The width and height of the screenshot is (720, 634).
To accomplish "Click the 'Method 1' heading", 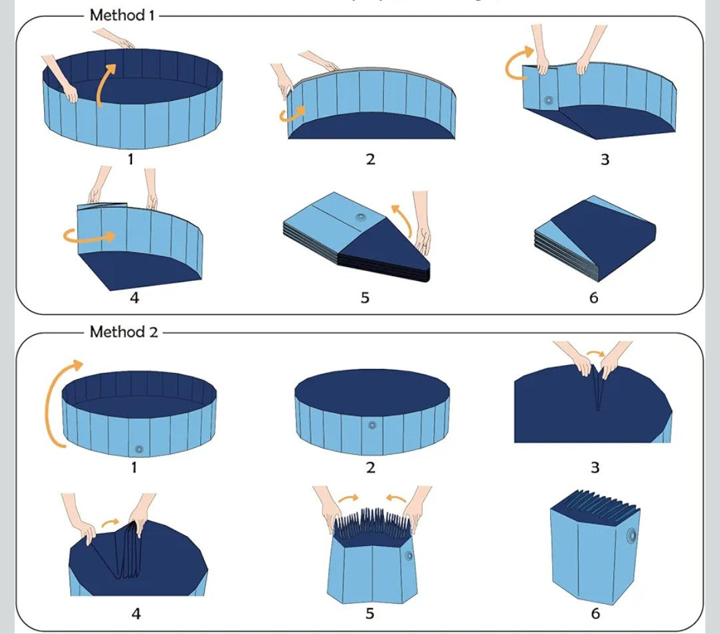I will click(122, 15).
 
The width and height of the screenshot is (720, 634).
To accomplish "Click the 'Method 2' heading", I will click(124, 332).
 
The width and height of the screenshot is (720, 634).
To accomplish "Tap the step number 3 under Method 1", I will click(605, 160).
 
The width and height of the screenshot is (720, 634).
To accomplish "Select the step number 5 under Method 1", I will click(365, 298).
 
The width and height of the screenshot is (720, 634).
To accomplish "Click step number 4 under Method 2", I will click(135, 613).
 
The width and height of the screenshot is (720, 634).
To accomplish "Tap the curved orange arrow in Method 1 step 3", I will click(518, 64).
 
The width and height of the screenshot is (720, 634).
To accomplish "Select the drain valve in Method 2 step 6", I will click(631, 535).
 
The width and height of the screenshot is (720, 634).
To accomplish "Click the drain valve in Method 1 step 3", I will click(549, 101).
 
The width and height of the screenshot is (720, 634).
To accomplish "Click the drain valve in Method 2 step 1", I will click(139, 449).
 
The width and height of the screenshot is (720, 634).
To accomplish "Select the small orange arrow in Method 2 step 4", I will click(111, 523).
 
